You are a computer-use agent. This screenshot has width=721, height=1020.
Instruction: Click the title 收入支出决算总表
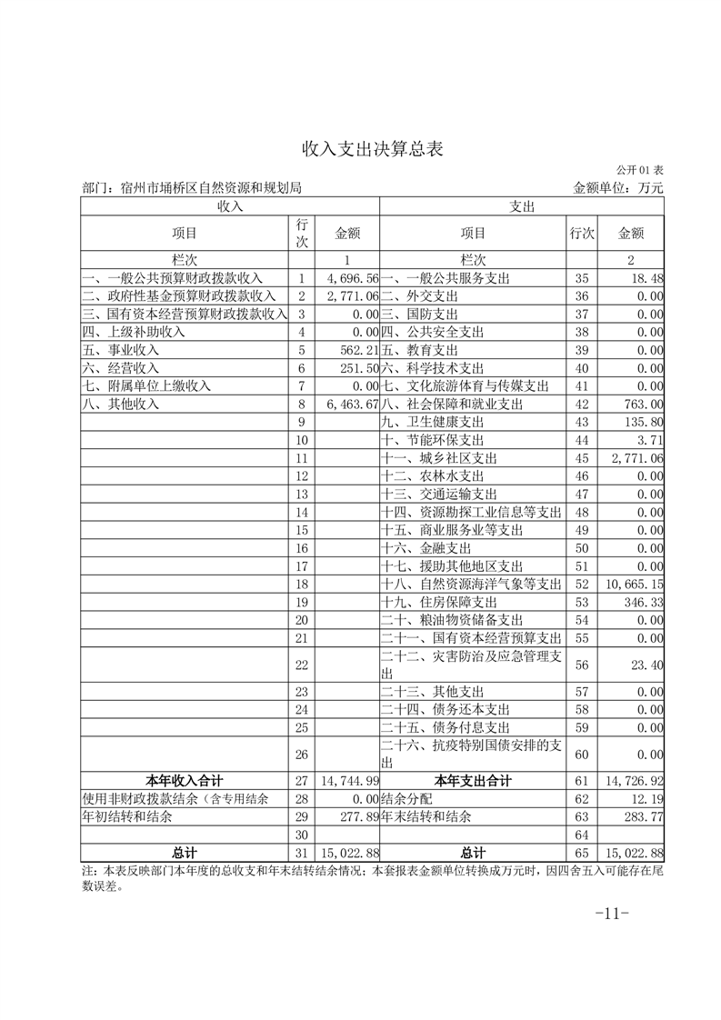click(x=360, y=148)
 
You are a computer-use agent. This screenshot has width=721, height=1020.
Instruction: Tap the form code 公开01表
click(x=639, y=170)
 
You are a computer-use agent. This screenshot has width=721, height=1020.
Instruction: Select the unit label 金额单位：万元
click(x=618, y=188)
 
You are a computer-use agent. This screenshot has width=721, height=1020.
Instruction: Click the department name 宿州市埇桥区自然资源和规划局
click(x=210, y=188)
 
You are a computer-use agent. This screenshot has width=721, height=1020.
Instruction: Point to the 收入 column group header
click(x=230, y=206)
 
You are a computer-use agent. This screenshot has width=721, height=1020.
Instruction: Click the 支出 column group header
click(x=522, y=206)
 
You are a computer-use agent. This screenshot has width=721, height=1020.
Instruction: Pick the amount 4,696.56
click(x=351, y=277)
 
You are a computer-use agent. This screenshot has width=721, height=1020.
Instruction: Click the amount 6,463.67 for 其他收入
click(x=351, y=405)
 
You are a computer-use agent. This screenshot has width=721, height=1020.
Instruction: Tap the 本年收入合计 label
click(x=185, y=781)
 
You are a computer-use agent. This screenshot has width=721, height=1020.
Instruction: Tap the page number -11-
click(x=611, y=914)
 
